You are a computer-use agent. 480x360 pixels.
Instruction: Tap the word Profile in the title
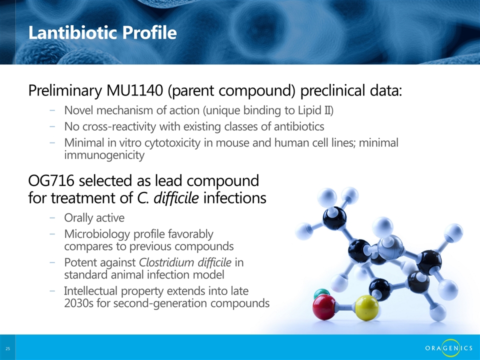point(149,32)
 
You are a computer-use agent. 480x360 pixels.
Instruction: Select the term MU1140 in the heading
point(134,90)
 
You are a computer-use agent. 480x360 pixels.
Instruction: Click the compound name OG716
point(51,180)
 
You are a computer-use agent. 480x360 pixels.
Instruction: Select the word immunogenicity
point(104,155)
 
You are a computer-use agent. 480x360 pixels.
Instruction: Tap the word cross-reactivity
point(119,126)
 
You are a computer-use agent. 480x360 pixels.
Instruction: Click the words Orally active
point(94,218)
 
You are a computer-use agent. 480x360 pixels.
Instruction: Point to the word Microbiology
point(97,234)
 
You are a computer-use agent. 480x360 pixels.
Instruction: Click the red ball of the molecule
point(324,307)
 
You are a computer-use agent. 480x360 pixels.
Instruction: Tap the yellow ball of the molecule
point(366,307)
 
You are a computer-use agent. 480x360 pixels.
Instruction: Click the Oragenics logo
point(449,348)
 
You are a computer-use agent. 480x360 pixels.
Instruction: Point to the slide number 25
point(7,348)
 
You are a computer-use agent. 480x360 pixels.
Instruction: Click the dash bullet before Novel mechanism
point(52,110)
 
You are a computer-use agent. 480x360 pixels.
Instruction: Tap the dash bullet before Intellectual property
point(52,291)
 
